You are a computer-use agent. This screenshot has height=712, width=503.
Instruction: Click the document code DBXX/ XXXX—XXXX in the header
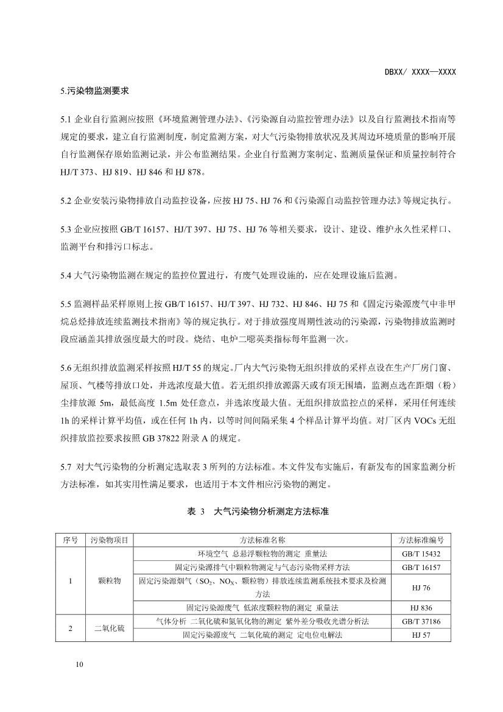click(420, 72)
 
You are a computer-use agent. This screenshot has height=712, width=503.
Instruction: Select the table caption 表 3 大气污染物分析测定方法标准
click(258, 512)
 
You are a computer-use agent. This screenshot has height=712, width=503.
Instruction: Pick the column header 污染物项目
click(110, 540)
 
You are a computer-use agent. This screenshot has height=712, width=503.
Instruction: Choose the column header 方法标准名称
click(262, 540)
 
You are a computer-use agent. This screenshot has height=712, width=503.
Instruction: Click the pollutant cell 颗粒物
click(110, 580)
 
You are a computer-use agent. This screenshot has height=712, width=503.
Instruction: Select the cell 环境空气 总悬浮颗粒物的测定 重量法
click(262, 554)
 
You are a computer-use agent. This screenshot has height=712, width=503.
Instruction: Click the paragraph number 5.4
click(66, 275)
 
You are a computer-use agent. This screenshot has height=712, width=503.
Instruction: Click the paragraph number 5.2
click(66, 200)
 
